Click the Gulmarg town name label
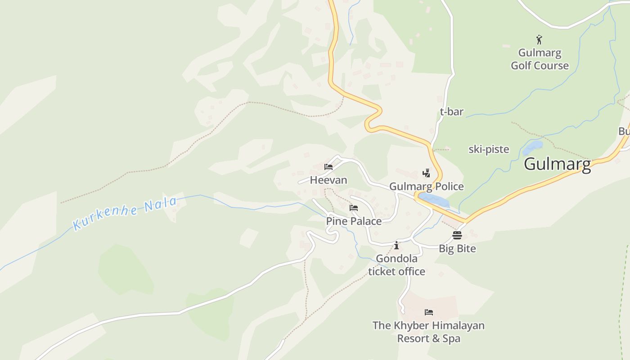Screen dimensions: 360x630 tap(557, 164)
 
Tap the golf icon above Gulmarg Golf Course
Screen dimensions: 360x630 tap(539, 40)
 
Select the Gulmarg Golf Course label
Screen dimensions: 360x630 tap(540, 59)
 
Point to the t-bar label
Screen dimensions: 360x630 tap(451, 112)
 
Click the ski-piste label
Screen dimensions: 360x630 tap(489, 149)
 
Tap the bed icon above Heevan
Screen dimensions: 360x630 tap(328, 167)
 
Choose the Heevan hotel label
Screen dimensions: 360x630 tap(328, 180)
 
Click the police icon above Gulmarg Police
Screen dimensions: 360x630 tap(426, 173)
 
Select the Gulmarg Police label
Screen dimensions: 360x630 tap(426, 186)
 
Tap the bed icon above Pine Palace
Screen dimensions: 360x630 tap(354, 208)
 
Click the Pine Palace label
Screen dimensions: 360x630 tap(354, 221)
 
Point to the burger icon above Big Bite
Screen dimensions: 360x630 tap(457, 235)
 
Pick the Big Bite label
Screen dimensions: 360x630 tap(457, 248)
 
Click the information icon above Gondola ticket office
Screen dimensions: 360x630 tap(396, 245)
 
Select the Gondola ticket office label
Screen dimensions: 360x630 tap(396, 265)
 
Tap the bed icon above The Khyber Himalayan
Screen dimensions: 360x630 tap(429, 312)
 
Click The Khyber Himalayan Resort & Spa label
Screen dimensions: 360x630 tap(428, 332)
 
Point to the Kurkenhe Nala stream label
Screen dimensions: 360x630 tap(125, 213)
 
